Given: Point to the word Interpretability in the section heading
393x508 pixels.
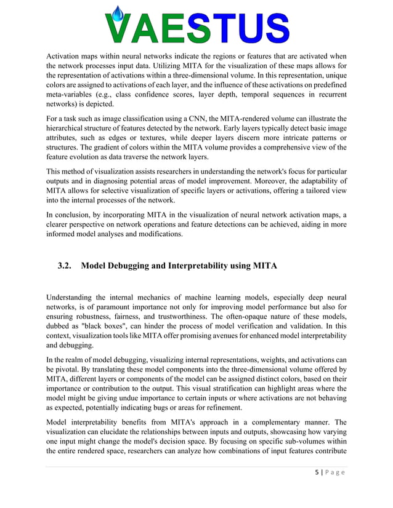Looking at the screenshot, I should (x=201, y=266).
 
